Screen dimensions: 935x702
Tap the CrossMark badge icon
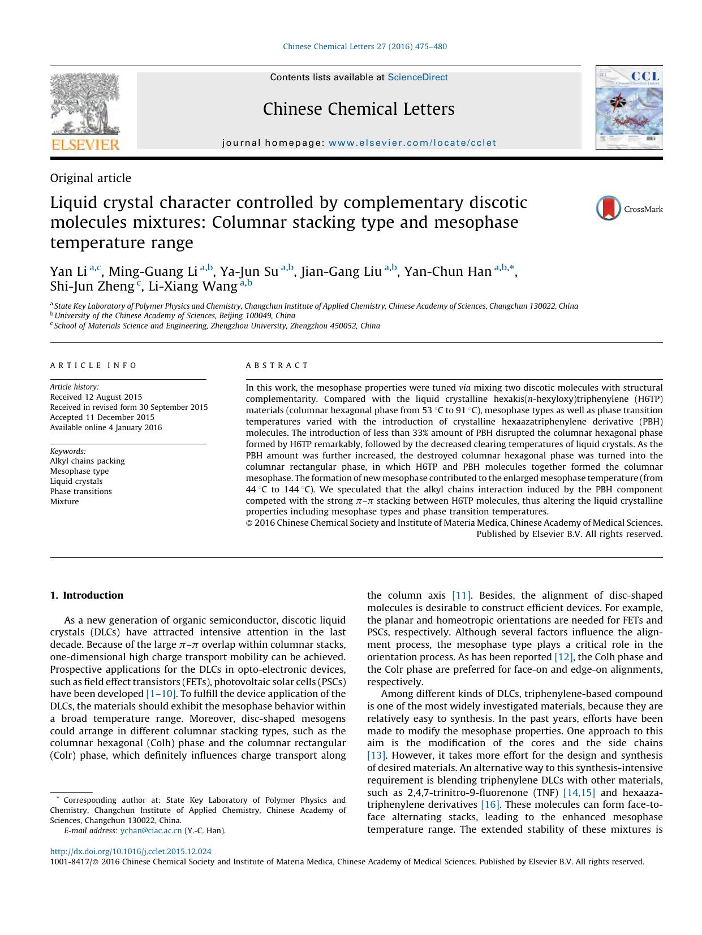click(609, 209)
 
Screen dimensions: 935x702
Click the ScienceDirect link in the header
click(417, 77)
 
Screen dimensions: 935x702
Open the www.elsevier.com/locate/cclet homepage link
click(412, 143)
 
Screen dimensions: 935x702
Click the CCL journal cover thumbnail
click(629, 108)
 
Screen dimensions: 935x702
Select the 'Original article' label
click(91, 178)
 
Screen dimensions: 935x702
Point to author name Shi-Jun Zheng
click(92, 287)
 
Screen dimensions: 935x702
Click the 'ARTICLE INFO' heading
click(93, 366)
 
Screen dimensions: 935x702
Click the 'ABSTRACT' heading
click(277, 366)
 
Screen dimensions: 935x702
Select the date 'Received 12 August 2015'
click(96, 397)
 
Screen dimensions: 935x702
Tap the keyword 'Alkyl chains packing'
click(87, 461)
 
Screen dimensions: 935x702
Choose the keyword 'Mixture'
click(64, 501)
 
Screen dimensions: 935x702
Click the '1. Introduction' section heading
click(87, 595)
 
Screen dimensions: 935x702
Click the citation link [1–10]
click(161, 694)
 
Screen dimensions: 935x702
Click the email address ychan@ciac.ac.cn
click(151, 830)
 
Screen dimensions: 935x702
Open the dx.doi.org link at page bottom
click(131, 851)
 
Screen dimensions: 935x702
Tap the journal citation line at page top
click(365, 46)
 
